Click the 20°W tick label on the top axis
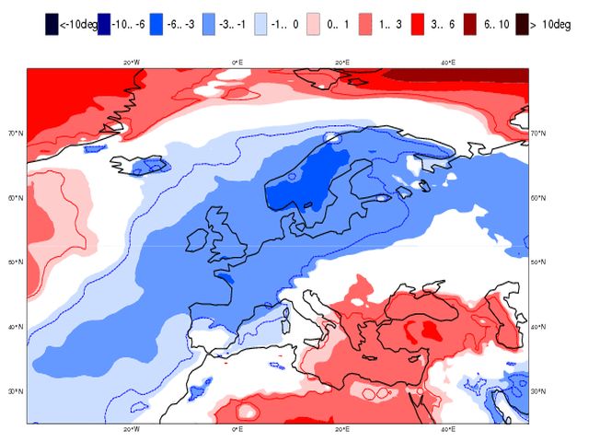[131, 63]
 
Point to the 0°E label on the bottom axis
[236, 429]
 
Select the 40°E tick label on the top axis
[446, 63]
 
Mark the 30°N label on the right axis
[540, 391]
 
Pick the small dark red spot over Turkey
[429, 327]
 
